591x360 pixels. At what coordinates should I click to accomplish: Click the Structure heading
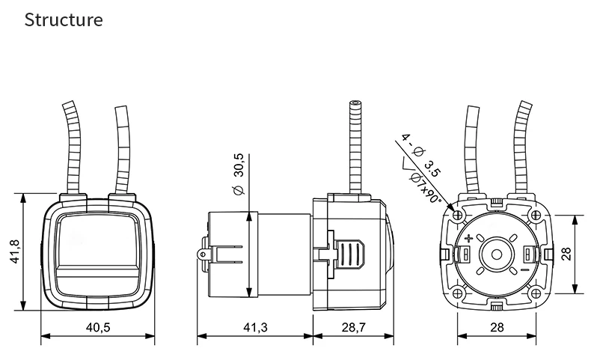(64, 20)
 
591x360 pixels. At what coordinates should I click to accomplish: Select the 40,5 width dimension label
(98, 327)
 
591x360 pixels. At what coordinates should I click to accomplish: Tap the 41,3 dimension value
(255, 327)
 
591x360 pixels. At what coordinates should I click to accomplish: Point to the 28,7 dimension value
(354, 327)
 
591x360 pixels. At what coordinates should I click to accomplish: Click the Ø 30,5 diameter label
(239, 174)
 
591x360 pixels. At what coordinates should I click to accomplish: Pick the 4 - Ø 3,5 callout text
(420, 155)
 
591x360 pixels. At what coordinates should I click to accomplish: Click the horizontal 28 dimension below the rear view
(497, 327)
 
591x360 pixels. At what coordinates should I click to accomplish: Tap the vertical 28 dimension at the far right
(566, 254)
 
